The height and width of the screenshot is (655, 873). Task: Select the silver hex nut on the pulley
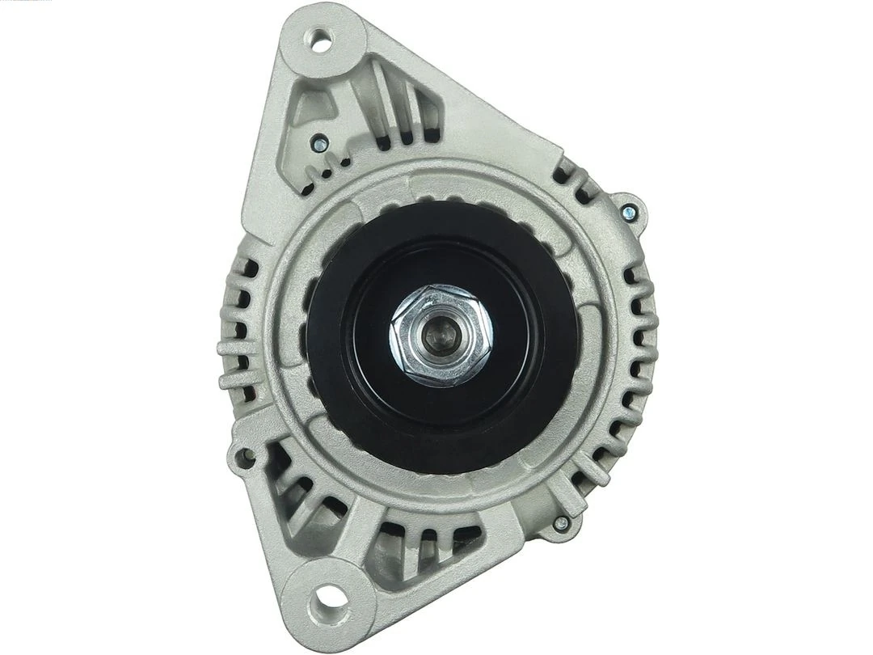coord(441,335)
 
